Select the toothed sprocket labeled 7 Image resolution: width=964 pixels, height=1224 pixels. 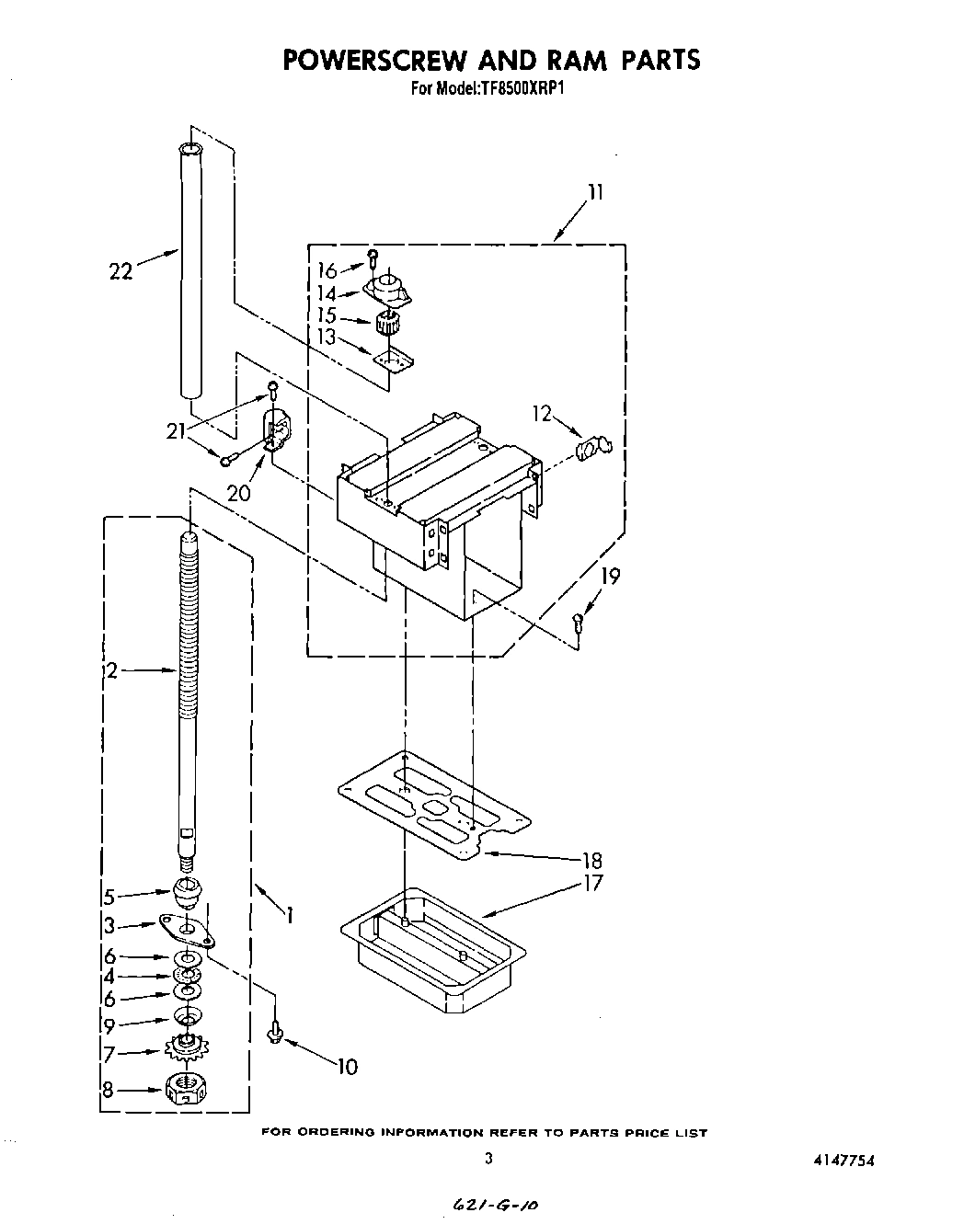click(187, 1048)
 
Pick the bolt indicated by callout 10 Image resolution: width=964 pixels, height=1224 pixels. click(273, 1035)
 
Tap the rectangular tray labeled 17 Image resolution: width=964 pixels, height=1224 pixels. click(432, 956)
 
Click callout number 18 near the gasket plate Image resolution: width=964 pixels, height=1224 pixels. click(592, 860)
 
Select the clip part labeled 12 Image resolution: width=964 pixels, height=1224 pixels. click(591, 450)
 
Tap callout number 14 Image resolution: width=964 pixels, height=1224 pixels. click(327, 293)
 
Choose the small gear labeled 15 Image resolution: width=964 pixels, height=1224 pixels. click(387, 324)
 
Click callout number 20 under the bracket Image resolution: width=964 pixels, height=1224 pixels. click(239, 492)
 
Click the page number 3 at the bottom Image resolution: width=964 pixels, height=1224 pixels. click(488, 1159)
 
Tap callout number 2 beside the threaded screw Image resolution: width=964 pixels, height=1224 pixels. click(111, 671)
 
